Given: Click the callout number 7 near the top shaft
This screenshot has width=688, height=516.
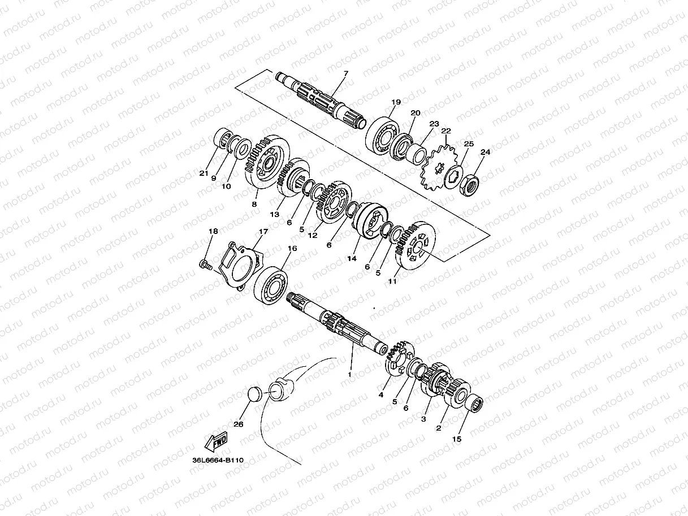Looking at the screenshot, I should pos(346,73).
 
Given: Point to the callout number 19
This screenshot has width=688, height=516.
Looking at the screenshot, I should pos(396,102).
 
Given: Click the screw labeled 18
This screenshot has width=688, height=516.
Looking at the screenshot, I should pos(205,263).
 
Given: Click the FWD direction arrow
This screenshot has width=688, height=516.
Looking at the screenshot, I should pos(215,441).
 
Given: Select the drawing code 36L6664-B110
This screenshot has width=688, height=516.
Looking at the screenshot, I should pos(218,460).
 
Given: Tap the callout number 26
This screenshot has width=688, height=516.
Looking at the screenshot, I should pos(239,424).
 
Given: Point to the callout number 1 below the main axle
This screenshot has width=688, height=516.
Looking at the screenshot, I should pos(349,374).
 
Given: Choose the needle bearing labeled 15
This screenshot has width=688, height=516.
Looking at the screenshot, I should pos(471,405).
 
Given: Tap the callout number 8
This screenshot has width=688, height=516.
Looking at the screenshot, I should pos(254,204).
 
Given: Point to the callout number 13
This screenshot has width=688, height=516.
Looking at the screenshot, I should pos(275,215).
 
